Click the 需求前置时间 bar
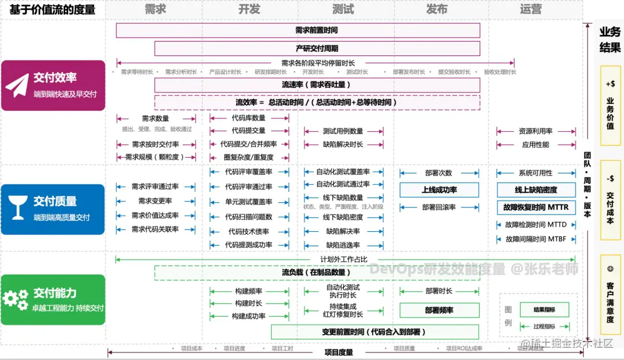298,31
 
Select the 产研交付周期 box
317,49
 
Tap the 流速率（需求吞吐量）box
317,85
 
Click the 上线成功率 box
440,190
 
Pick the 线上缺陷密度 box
536,190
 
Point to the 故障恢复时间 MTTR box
536,207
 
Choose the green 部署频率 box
440,310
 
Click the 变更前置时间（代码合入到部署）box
374,332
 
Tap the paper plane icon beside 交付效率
17,85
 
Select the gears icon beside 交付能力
16,299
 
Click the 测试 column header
343,10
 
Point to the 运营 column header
531,10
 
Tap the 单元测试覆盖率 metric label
249,202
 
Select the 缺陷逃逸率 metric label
343,245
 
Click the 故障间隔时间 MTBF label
536,239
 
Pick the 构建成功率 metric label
249,316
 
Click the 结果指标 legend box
545,310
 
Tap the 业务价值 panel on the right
610,105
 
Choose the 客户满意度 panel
610,295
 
